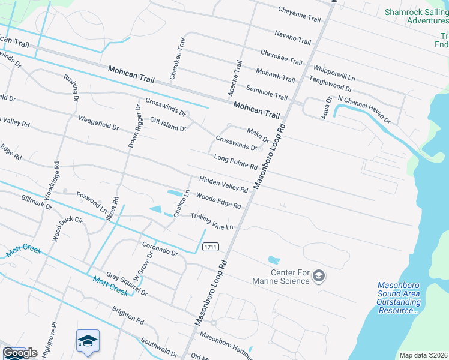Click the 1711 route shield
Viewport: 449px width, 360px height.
click(210, 247)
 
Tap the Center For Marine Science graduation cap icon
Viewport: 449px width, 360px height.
click(319, 276)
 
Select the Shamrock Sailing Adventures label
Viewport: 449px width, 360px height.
click(417, 16)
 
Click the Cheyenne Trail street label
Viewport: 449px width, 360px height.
click(300, 14)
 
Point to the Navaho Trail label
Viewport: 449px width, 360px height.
click(292, 37)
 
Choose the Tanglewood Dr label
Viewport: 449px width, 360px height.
click(330, 83)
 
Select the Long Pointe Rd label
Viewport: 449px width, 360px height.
click(235, 161)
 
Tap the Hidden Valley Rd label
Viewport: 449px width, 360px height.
click(223, 184)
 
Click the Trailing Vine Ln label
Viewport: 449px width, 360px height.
click(211, 221)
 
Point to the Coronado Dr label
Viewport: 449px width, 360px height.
click(160, 249)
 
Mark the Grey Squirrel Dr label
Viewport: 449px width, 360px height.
click(127, 283)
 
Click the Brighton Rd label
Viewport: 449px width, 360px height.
click(127, 316)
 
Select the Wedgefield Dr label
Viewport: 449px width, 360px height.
click(98, 123)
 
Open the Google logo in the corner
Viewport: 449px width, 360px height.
click(20, 353)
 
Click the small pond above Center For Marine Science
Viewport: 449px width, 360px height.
click(274, 260)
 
